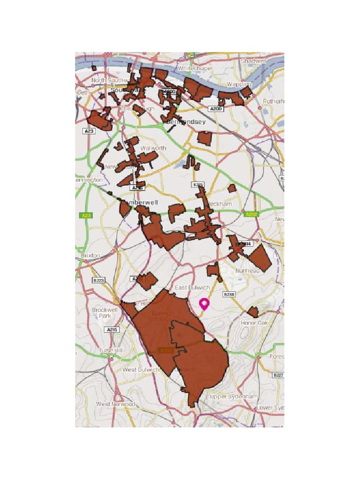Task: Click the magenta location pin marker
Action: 204,304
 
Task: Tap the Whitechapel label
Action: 195,68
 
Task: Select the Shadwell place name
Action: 253,61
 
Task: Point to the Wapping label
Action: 239,84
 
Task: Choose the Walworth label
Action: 153,148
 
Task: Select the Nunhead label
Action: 247,271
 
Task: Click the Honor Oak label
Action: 254,323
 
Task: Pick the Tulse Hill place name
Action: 111,351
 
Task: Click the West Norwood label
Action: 115,404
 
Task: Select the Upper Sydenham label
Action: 233,397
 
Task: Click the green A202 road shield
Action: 252,214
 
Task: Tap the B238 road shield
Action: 229,294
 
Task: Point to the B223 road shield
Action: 98,280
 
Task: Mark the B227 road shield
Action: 278,375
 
